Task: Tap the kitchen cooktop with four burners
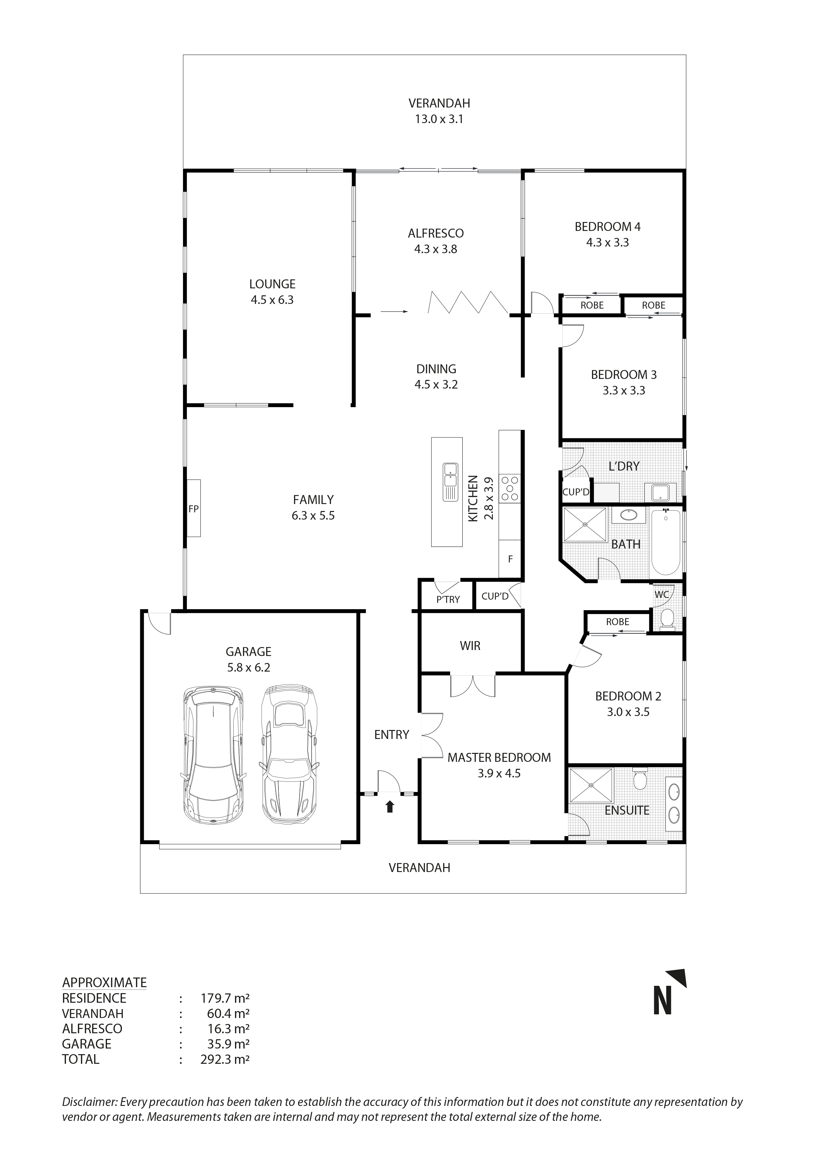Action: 509,488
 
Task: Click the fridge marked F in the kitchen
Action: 510,559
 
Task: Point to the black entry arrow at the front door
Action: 389,807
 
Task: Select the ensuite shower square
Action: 591,785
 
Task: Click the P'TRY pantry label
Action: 448,600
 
